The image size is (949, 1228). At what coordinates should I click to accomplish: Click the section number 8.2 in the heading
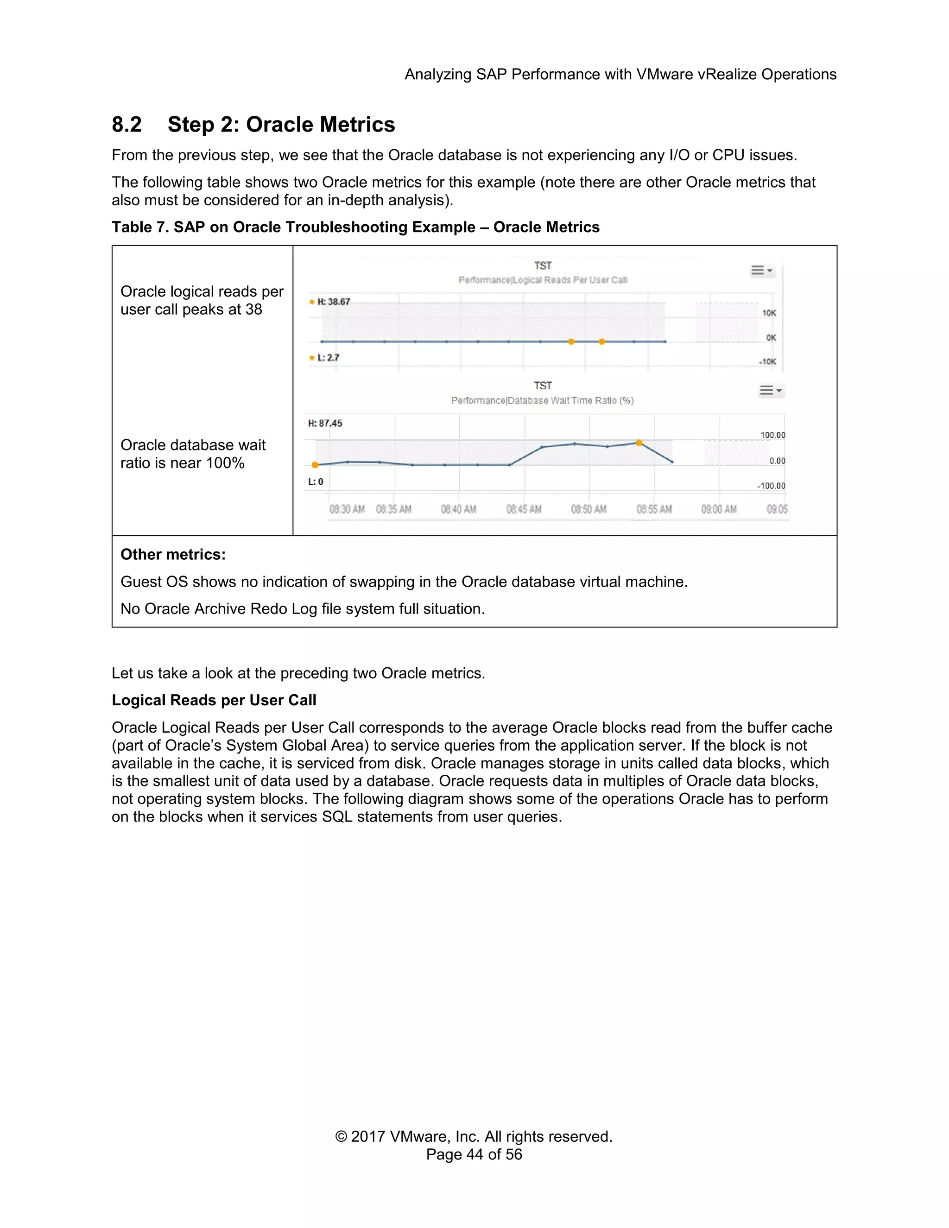(x=127, y=124)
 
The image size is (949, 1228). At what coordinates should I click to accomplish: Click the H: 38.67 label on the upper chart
(x=333, y=302)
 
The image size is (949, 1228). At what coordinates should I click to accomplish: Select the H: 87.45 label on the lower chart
(x=325, y=424)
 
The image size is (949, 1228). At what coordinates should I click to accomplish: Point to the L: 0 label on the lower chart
(x=316, y=482)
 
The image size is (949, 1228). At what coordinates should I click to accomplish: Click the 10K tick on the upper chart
(x=769, y=313)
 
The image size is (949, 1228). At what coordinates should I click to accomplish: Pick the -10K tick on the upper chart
(x=767, y=361)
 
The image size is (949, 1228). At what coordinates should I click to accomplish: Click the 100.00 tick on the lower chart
(x=772, y=435)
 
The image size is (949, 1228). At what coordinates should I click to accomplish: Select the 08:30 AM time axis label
(x=347, y=509)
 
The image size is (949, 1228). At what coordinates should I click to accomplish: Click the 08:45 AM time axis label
(x=524, y=509)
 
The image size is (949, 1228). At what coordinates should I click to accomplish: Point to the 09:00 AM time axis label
(x=719, y=509)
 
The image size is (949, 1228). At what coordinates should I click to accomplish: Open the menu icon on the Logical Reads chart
(x=762, y=271)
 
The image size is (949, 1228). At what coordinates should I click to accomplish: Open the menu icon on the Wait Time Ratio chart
(x=770, y=390)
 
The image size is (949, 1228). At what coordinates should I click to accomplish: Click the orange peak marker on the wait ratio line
(x=639, y=443)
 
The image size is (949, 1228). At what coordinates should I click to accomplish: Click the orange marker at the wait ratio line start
(x=315, y=465)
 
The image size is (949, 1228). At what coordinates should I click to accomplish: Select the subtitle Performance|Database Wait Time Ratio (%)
(x=542, y=400)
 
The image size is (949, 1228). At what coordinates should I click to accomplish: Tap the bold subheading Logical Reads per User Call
(x=214, y=700)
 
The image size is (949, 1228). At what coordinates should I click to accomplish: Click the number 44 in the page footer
(x=474, y=1154)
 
